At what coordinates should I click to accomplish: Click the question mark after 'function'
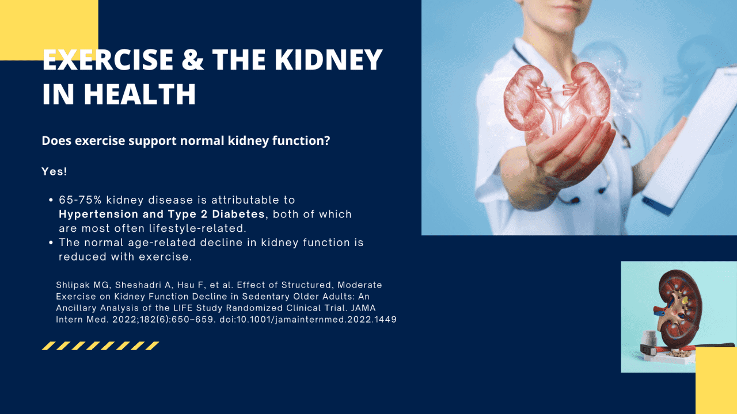click(x=327, y=140)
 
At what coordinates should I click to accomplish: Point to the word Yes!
click(x=54, y=172)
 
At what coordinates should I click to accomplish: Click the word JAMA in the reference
click(x=363, y=308)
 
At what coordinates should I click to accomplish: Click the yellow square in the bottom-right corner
click(x=716, y=380)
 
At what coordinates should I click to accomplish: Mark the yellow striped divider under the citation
click(x=101, y=346)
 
